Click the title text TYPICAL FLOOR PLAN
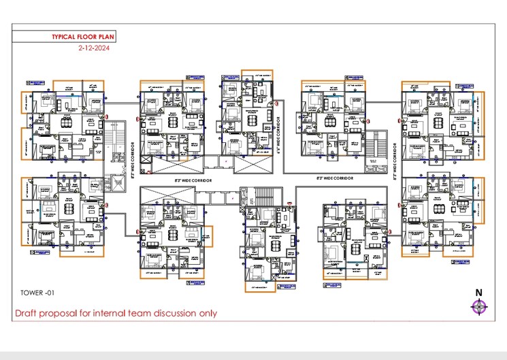pyautogui.click(x=78, y=38)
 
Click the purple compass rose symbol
pyautogui.click(x=479, y=306)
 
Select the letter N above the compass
pyautogui.click(x=479, y=293)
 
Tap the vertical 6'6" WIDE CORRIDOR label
pyautogui.click(x=280, y=135)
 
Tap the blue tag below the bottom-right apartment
pyautogui.click(x=461, y=259)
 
